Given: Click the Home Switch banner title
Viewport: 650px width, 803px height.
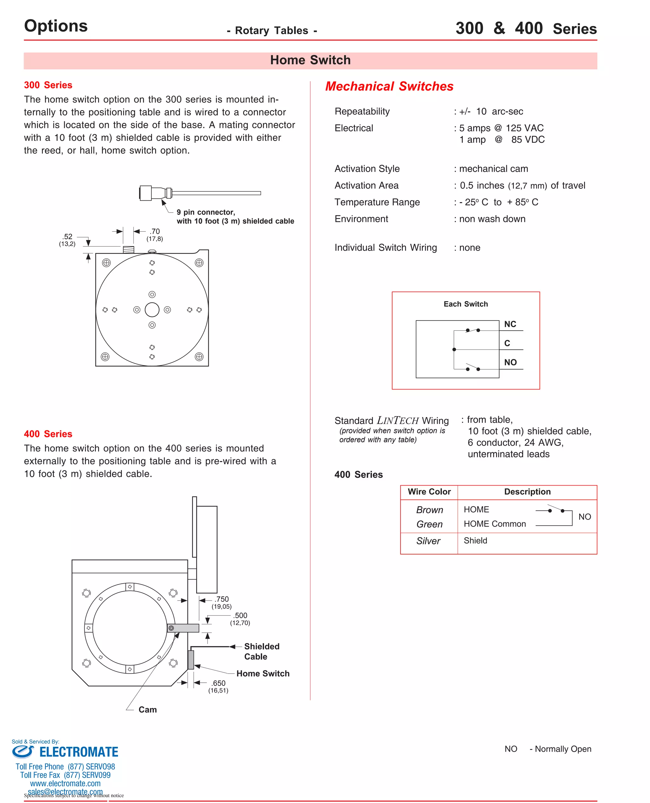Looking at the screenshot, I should pyautogui.click(x=310, y=60).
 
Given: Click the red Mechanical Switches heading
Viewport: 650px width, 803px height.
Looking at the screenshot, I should pyautogui.click(x=389, y=86).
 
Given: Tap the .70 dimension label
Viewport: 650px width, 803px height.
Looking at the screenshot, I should pyautogui.click(x=155, y=231).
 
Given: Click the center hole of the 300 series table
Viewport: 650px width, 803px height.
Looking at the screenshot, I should pyautogui.click(x=152, y=309).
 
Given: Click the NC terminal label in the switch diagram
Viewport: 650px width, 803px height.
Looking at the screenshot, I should pyautogui.click(x=510, y=324).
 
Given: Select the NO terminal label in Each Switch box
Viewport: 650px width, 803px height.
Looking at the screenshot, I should pyautogui.click(x=510, y=362).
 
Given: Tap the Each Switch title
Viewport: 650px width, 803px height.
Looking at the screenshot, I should pyautogui.click(x=465, y=304).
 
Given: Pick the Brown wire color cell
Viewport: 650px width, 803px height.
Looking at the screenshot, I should pyautogui.click(x=429, y=510).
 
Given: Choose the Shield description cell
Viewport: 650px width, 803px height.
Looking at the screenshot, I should pyautogui.click(x=475, y=541).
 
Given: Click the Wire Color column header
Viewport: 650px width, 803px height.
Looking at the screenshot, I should pyautogui.click(x=429, y=492).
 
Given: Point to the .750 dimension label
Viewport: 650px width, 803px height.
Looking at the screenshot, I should pyautogui.click(x=222, y=599).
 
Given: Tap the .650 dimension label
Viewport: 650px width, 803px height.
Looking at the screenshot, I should pyautogui.click(x=219, y=683).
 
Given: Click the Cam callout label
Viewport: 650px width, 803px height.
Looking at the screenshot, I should pyautogui.click(x=148, y=710).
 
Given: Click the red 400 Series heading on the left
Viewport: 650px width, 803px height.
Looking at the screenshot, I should pyautogui.click(x=48, y=434).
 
